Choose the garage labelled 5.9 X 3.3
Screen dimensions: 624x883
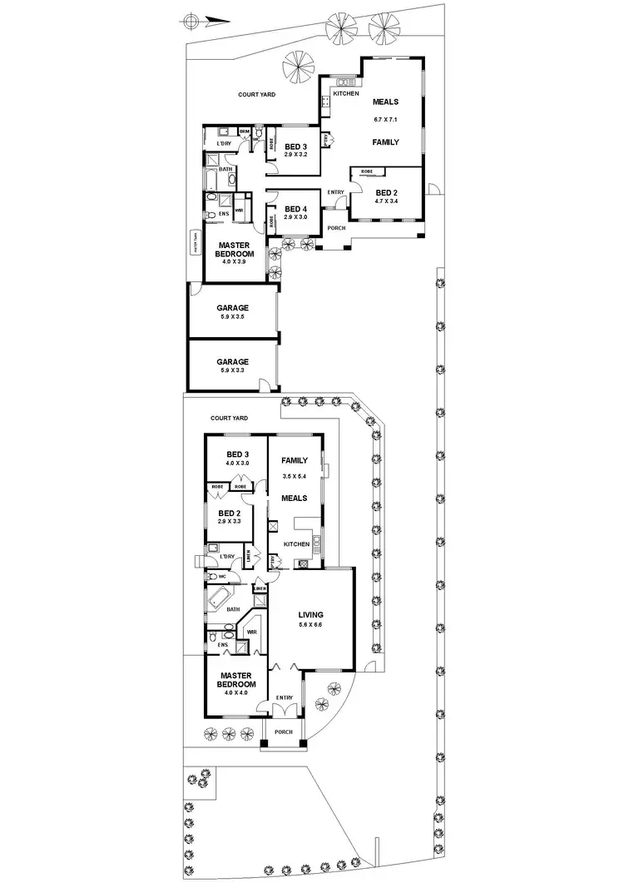(233, 362)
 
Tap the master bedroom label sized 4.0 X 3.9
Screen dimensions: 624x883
(234, 251)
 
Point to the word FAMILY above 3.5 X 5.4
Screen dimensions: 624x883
(295, 460)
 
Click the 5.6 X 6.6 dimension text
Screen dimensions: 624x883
(310, 624)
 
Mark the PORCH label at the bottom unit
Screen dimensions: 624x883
(284, 732)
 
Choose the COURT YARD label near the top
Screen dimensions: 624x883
(256, 95)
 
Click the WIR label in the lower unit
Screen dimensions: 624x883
(251, 632)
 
